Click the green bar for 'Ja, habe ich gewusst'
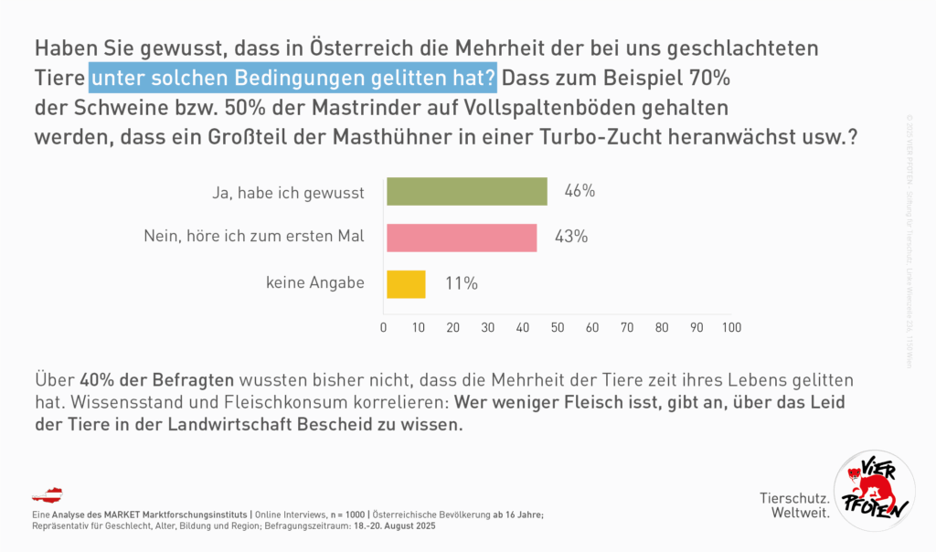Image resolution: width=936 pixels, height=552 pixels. click(x=466, y=192)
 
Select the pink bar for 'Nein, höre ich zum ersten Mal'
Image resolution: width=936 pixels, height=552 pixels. click(x=462, y=238)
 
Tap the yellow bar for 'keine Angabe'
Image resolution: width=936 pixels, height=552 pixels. click(x=406, y=283)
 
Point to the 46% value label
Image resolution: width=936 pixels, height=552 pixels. click(x=580, y=191)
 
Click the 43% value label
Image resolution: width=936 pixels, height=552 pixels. click(x=570, y=237)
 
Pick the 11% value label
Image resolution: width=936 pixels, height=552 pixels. click(x=462, y=283)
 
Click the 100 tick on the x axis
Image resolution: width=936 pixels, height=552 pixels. click(x=730, y=327)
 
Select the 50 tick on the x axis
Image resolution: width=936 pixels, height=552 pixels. click(x=558, y=327)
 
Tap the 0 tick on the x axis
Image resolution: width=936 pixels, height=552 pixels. click(x=384, y=327)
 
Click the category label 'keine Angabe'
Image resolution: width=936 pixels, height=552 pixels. click(x=315, y=283)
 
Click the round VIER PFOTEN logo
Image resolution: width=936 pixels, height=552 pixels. click(x=875, y=492)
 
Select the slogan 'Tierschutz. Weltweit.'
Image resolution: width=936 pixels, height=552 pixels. click(x=794, y=505)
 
